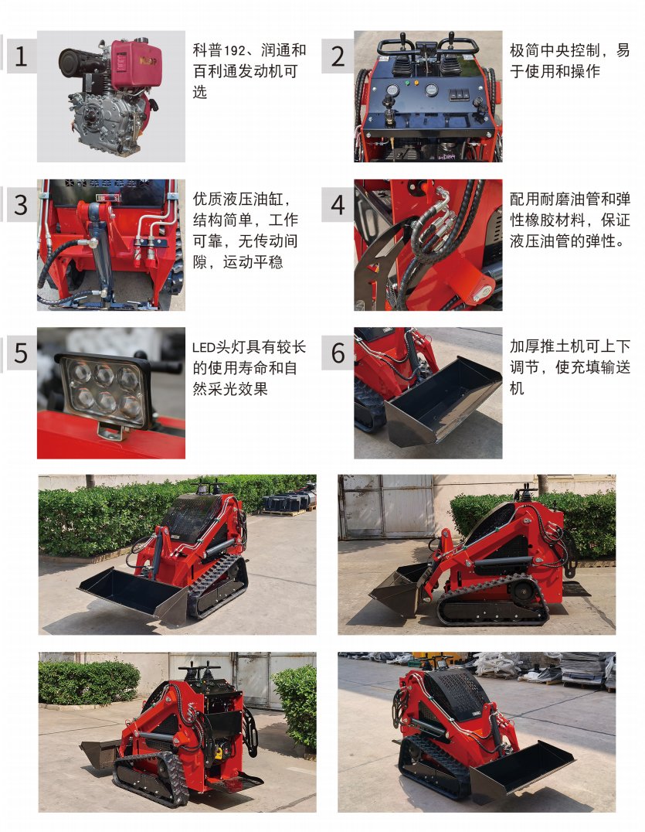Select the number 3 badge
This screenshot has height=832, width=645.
21,205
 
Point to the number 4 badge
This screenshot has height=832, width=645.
338,205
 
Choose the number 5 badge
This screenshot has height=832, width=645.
21,353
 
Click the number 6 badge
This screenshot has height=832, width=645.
338,353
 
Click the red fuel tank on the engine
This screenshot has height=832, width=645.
136,63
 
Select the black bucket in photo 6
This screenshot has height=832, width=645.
443,401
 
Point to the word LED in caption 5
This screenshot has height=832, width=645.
202,348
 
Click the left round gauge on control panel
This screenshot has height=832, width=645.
392,90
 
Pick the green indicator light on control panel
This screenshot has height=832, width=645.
408,83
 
